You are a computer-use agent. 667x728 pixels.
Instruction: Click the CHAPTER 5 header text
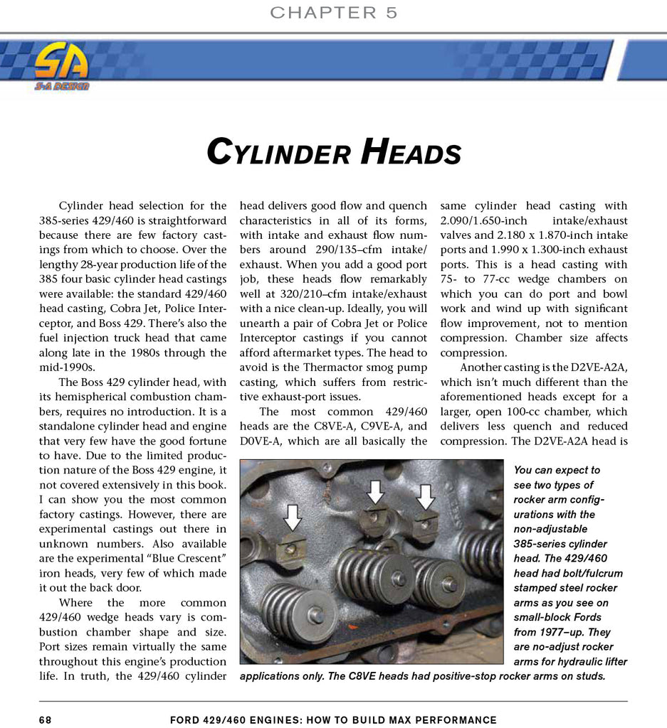[334, 13]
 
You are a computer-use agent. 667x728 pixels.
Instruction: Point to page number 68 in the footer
[46, 720]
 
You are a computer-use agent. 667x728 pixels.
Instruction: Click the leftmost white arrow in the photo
[292, 516]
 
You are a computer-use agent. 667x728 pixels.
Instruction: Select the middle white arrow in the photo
[376, 491]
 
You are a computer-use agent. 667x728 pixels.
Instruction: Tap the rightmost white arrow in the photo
[426, 496]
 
